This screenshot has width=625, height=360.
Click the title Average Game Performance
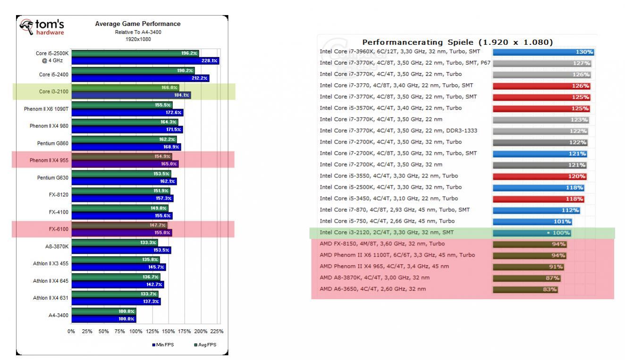coord(138,24)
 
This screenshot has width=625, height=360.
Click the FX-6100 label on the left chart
coord(59,229)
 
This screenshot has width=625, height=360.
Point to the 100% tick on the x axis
coord(136,331)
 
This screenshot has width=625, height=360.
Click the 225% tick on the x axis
coord(216,331)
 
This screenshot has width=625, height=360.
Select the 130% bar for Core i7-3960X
coord(543,52)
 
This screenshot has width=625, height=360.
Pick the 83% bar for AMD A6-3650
coord(525,289)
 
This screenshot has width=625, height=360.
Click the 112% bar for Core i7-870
coord(536,210)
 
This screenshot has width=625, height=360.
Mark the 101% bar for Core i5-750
coord(532,221)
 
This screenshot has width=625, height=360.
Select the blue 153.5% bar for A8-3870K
coord(121,250)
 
